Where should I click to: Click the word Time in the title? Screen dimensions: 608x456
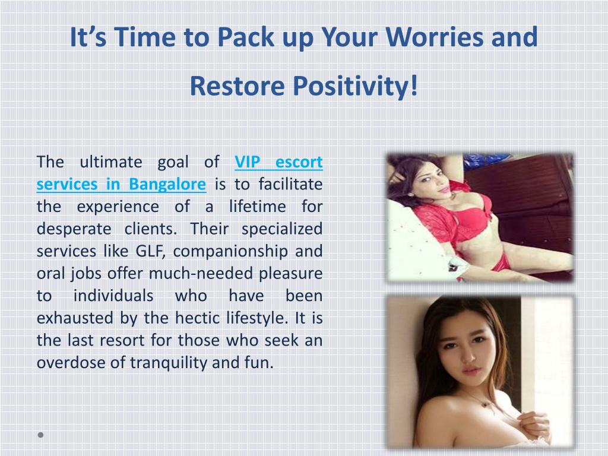click(x=144, y=37)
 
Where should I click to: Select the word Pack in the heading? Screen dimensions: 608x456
click(x=246, y=37)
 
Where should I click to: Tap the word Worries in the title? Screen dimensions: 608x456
click(x=434, y=37)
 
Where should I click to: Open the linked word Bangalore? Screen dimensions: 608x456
click(x=167, y=184)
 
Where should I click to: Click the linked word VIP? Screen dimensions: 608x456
click(x=248, y=161)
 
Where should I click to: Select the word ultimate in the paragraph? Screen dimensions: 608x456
click(x=111, y=161)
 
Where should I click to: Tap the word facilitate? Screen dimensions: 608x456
click(x=290, y=184)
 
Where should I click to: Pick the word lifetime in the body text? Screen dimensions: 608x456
click(x=258, y=206)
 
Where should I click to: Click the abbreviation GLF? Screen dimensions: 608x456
click(x=150, y=251)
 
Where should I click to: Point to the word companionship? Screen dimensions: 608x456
click(x=230, y=252)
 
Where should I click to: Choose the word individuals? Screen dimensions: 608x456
click(x=113, y=296)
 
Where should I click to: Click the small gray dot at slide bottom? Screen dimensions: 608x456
click(x=41, y=435)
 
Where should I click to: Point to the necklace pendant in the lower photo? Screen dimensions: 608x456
click(x=485, y=404)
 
